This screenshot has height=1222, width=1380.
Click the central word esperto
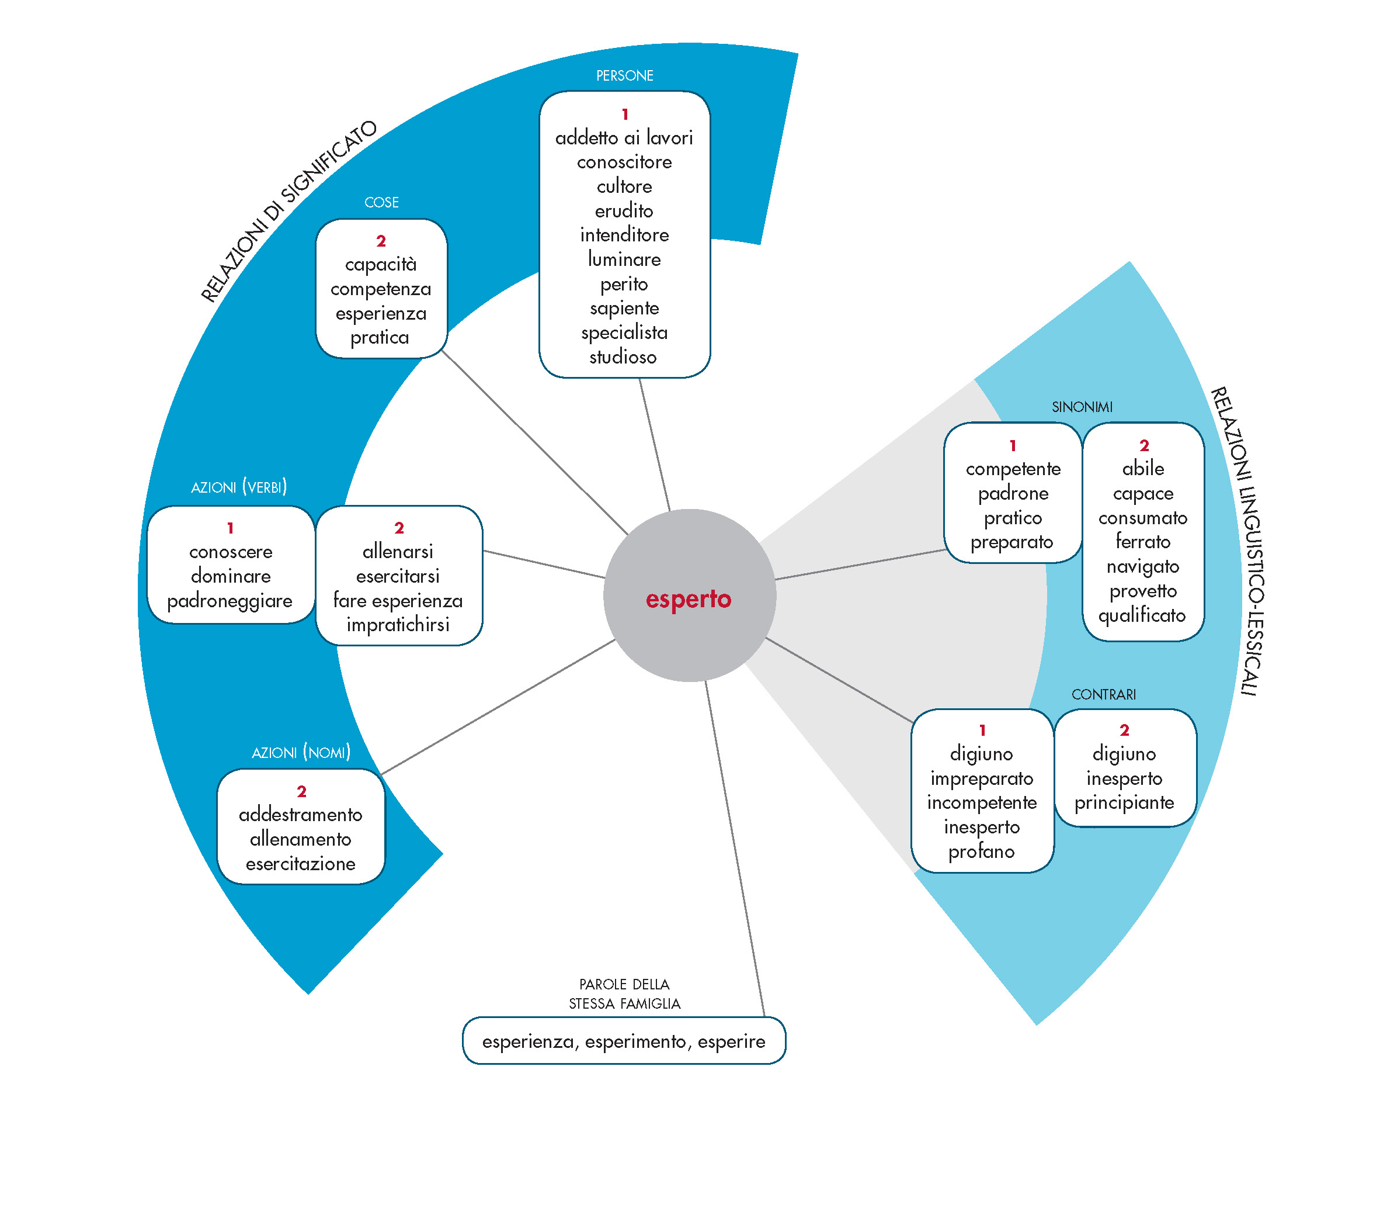pyautogui.click(x=688, y=598)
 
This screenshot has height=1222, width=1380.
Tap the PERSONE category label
pyautogui.click(x=624, y=75)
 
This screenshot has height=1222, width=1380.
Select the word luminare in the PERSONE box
pyautogui.click(x=624, y=259)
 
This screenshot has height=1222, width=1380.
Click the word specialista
pyautogui.click(x=624, y=333)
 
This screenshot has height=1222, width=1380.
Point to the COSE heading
pyautogui.click(x=381, y=203)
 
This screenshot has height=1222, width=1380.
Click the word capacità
pyautogui.click(x=381, y=265)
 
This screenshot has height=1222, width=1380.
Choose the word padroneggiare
pyautogui.click(x=230, y=601)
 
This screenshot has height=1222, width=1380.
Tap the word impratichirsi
pyautogui.click(x=398, y=625)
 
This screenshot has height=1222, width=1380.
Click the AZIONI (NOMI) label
pyautogui.click(x=301, y=753)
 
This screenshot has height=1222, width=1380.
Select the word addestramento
pyautogui.click(x=300, y=815)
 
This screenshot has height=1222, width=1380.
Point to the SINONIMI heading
pyautogui.click(x=1082, y=407)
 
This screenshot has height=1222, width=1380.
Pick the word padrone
pyautogui.click(x=1013, y=494)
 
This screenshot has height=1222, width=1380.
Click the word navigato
pyautogui.click(x=1142, y=567)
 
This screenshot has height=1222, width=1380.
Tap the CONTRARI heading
pyautogui.click(x=1104, y=694)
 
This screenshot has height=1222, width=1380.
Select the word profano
pyautogui.click(x=981, y=851)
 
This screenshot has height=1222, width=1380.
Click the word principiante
pyautogui.click(x=1124, y=802)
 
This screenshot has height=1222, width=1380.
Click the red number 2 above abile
pyautogui.click(x=1143, y=446)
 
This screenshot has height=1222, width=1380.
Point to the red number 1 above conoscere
pyautogui.click(x=230, y=528)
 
